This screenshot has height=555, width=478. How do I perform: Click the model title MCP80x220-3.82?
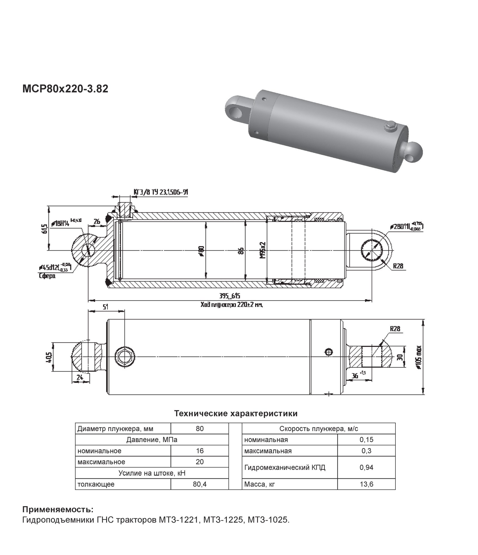point(65,89)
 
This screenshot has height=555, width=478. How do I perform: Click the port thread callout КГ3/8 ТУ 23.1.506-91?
point(161,192)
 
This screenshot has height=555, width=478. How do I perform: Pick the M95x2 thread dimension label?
point(263,250)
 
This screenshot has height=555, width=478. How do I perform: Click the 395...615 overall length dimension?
point(230,296)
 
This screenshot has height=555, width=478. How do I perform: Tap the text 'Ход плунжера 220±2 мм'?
point(231,305)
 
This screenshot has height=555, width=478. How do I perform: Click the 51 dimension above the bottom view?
point(106,307)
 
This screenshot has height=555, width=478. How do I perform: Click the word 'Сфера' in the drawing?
point(47,276)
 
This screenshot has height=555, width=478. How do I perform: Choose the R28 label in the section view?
point(398,266)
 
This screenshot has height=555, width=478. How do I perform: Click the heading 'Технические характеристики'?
point(236,413)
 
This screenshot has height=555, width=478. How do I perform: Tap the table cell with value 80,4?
point(200,484)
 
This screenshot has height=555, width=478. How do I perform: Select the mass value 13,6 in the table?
point(366,484)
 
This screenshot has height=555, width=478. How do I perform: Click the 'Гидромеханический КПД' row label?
point(285,468)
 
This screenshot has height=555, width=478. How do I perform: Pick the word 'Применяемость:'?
point(58,509)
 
